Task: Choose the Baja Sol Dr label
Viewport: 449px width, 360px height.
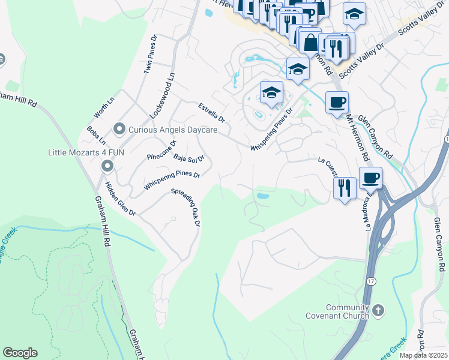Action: pos(188,158)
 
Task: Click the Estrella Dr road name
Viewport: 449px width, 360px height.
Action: pos(211,112)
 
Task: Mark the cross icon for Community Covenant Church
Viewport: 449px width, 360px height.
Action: pos(378,310)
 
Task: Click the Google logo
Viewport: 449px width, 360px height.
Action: pos(20,353)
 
